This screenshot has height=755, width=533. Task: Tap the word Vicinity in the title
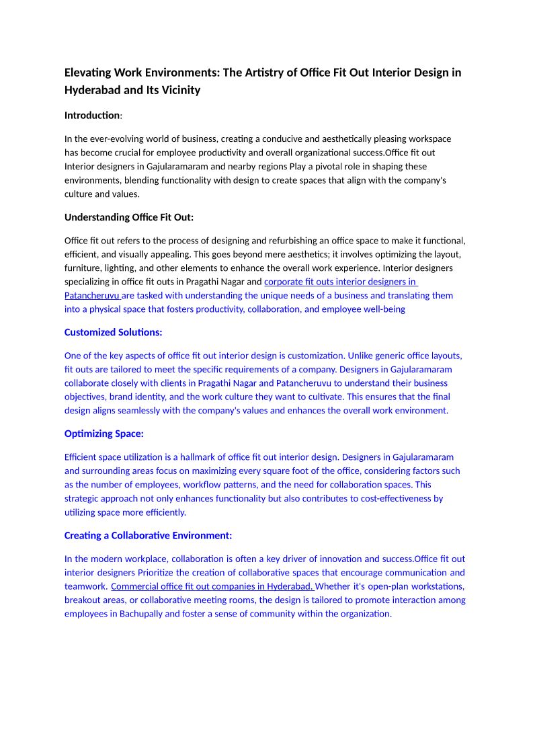(179, 90)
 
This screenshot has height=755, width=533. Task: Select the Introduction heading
(91, 116)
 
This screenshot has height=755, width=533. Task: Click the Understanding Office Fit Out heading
(128, 217)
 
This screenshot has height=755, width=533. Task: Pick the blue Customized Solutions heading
(113, 332)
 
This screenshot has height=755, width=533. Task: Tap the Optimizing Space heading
(104, 434)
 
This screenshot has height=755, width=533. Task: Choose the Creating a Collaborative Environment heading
(148, 535)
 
